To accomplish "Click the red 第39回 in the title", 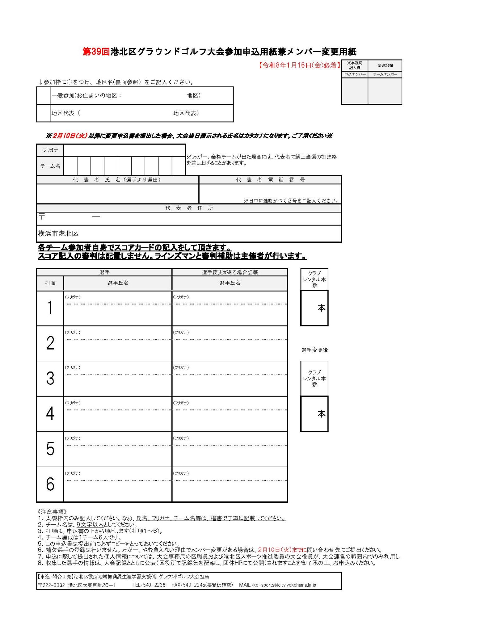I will (96, 52).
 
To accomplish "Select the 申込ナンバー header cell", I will (355, 74).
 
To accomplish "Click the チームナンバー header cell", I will (385, 74).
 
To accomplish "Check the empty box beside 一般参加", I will (44, 96).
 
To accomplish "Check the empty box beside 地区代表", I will (44, 113).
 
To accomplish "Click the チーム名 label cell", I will (50, 166).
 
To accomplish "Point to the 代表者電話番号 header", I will (270, 180).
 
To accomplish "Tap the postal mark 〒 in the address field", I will (42, 217).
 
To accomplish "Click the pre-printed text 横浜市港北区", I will (58, 233).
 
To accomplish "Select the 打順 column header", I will (50, 283).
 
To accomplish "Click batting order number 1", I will (50, 308).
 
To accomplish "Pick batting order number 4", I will (50, 414).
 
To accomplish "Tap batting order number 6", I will (50, 484).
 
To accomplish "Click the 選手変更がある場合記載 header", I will (230, 272).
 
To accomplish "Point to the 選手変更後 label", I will (314, 350).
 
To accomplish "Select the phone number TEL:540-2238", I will (149, 585).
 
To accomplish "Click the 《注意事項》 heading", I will (52, 512).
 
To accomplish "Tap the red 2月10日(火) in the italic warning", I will (70, 136).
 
